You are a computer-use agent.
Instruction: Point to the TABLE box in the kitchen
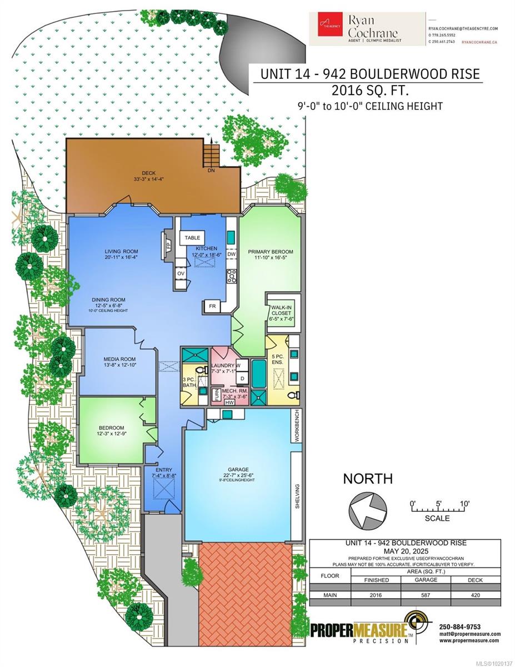tap(192, 238)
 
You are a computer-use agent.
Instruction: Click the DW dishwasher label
tap(232, 254)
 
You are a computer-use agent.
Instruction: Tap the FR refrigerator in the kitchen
tap(212, 306)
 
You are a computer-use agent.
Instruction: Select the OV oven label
tap(181, 273)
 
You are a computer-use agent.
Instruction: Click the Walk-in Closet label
tap(282, 311)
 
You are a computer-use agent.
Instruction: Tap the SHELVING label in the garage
tap(297, 496)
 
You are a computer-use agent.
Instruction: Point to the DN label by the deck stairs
tap(211, 171)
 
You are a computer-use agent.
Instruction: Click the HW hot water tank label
tap(229, 402)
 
